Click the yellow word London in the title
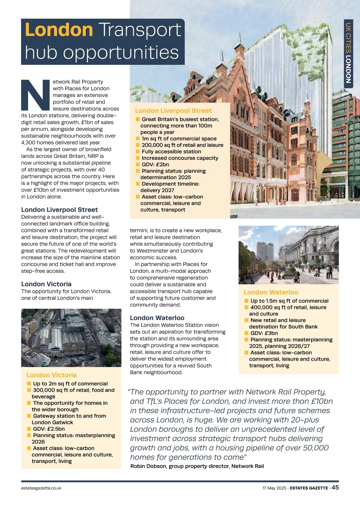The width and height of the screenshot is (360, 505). [59, 30]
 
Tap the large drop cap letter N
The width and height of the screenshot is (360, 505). [35, 95]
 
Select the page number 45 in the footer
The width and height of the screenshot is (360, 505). [335, 488]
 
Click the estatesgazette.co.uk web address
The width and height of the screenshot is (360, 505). [41, 488]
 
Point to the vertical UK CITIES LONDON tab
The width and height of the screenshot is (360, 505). [348, 53]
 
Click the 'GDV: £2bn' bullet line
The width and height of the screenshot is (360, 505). [155, 164]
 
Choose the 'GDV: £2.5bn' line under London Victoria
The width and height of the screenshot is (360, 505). [49, 429]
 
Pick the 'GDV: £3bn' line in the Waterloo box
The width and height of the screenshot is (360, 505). [264, 333]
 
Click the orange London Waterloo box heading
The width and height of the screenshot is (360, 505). [271, 292]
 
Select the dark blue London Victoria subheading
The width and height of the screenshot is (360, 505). [46, 284]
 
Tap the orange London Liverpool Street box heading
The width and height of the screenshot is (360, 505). [173, 111]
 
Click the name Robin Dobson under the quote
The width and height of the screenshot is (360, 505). [148, 466]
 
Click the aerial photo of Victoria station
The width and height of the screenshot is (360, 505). [71, 338]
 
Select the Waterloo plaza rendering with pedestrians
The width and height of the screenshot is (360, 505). [288, 255]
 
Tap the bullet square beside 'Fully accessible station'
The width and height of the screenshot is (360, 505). [138, 152]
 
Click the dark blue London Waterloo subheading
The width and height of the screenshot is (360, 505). [157, 318]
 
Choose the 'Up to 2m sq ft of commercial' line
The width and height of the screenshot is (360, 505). [70, 383]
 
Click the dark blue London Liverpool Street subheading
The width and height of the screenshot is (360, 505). [59, 210]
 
